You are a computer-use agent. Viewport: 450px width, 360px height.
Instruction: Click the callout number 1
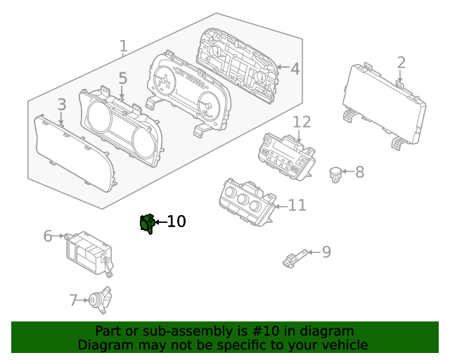pyautogui.click(x=123, y=47)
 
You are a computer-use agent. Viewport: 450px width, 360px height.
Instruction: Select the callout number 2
pyautogui.click(x=401, y=63)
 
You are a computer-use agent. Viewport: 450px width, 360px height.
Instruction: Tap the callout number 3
pyautogui.click(x=62, y=105)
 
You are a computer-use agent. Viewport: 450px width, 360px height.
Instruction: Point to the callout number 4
pyautogui.click(x=295, y=69)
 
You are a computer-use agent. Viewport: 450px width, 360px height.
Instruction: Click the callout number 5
pyautogui.click(x=122, y=79)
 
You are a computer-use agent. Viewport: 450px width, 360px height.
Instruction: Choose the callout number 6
pyautogui.click(x=48, y=236)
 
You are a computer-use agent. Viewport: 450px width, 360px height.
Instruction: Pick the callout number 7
pyautogui.click(x=73, y=301)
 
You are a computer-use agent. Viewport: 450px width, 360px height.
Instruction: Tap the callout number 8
pyautogui.click(x=359, y=172)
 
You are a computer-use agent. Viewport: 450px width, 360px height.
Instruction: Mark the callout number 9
pyautogui.click(x=326, y=252)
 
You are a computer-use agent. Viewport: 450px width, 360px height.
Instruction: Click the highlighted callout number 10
pyautogui.click(x=176, y=221)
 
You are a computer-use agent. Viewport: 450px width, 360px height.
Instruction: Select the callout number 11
pyautogui.click(x=297, y=205)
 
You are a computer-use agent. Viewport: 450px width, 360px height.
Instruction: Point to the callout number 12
pyautogui.click(x=301, y=122)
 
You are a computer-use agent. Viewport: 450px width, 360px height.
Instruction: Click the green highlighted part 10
pyautogui.click(x=147, y=224)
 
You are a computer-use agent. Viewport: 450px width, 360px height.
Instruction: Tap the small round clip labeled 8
pyautogui.click(x=337, y=173)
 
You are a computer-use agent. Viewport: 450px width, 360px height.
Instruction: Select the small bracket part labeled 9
pyautogui.click(x=295, y=259)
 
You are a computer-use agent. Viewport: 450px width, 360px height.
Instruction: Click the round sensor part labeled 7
pyautogui.click(x=98, y=300)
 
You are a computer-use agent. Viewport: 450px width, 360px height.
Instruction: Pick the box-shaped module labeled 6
pyautogui.click(x=87, y=250)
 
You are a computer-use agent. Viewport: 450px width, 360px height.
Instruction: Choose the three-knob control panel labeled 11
pyautogui.click(x=245, y=200)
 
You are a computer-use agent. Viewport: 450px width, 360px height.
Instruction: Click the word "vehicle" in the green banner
pyautogui.click(x=342, y=345)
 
